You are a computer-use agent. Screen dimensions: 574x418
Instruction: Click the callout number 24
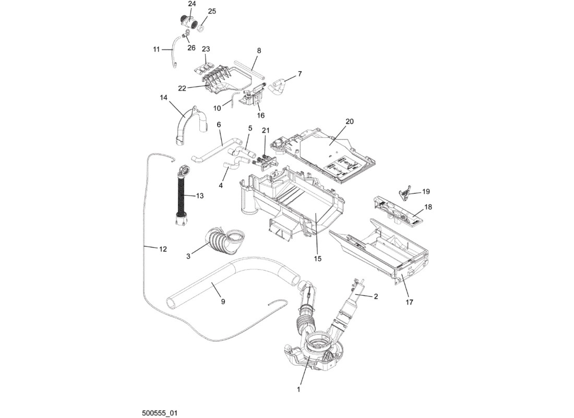[192, 4]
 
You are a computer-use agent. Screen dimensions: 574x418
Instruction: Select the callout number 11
[157, 49]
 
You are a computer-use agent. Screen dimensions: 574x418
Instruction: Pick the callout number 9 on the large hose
[223, 301]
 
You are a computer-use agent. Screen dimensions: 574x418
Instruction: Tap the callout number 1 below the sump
[298, 389]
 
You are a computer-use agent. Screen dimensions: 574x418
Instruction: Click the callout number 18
[428, 207]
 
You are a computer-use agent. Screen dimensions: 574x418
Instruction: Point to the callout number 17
[409, 302]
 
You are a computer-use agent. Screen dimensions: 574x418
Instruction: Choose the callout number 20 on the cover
[350, 121]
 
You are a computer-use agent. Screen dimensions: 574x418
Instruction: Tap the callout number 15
[318, 259]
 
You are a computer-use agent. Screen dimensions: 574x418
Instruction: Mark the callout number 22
[182, 88]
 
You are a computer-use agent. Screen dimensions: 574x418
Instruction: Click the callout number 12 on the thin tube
[163, 249]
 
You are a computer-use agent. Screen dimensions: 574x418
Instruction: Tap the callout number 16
[260, 115]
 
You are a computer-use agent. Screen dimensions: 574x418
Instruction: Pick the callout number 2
[376, 297]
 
